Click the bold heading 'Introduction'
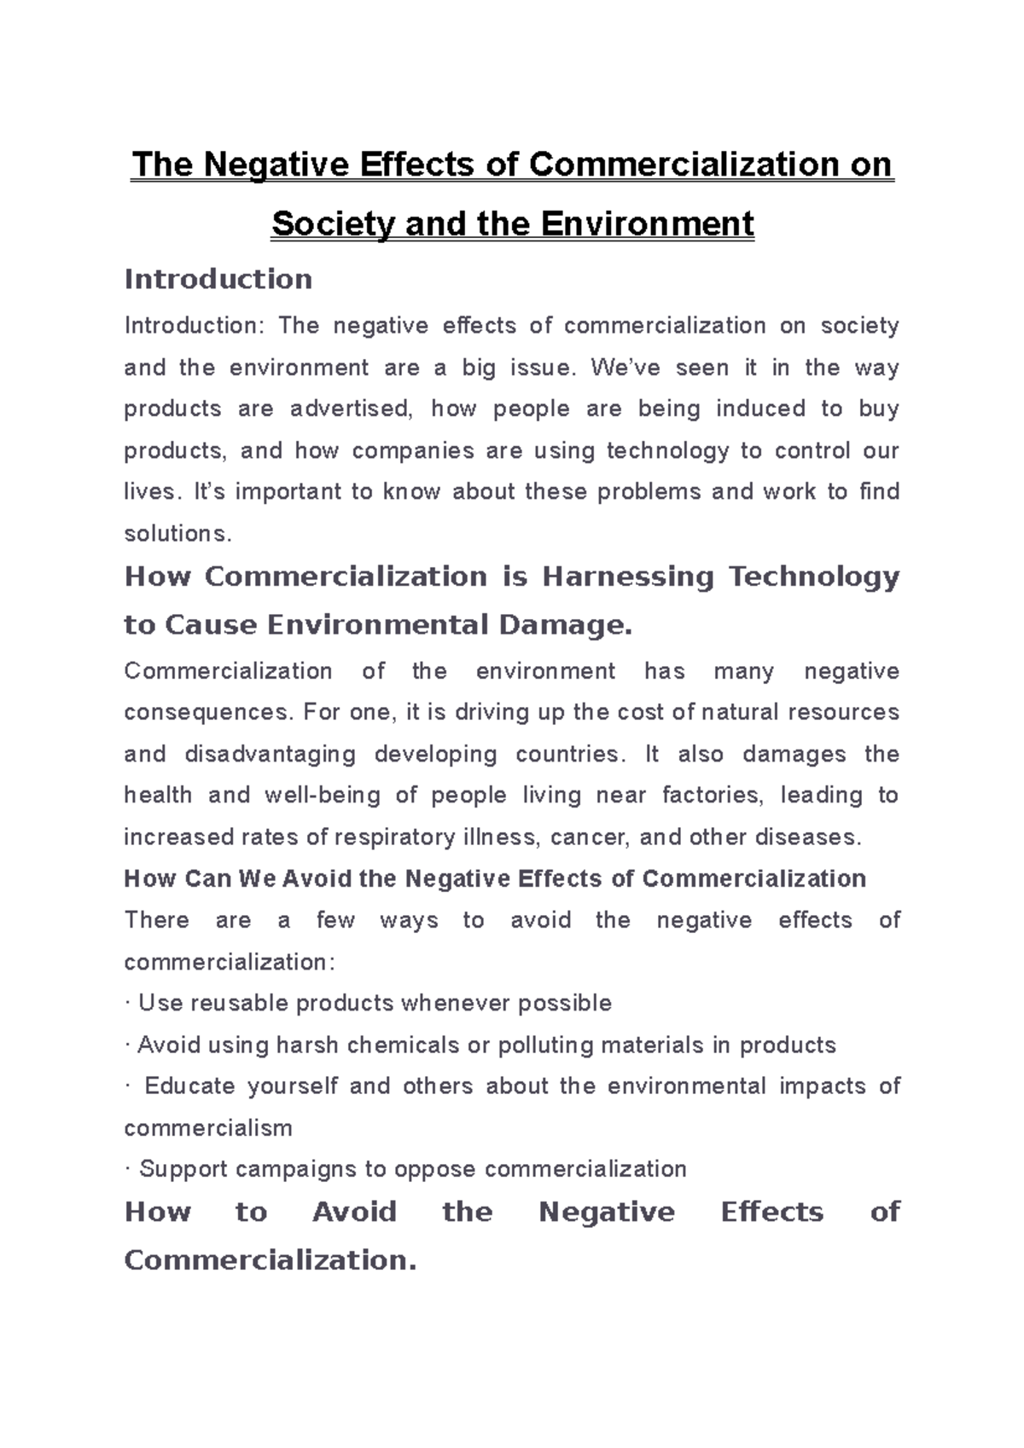tap(218, 279)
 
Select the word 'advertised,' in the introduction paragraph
tap(352, 408)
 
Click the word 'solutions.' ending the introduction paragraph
tap(177, 534)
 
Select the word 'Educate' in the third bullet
tap(189, 1086)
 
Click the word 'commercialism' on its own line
tap(208, 1127)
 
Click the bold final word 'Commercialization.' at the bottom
tap(270, 1260)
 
